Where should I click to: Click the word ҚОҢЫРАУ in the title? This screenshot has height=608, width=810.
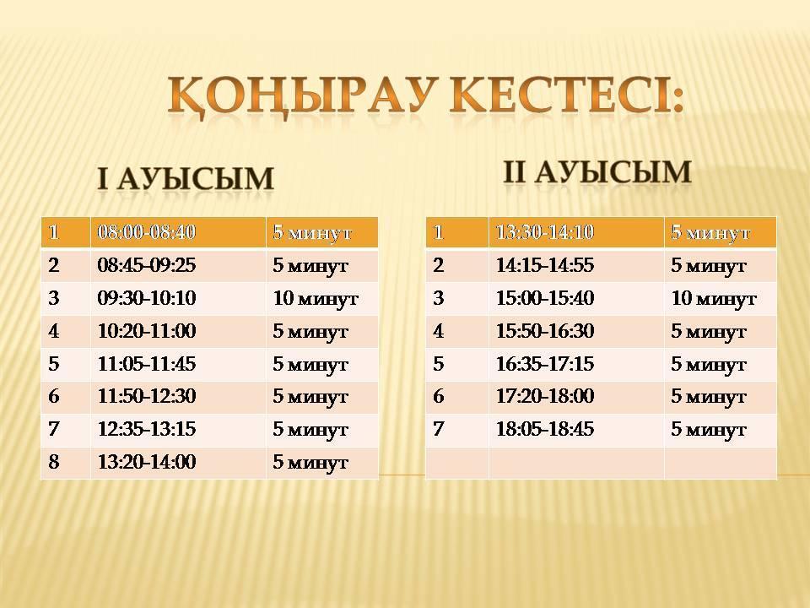click(x=300, y=96)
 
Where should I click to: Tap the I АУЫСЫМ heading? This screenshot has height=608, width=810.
click(x=186, y=179)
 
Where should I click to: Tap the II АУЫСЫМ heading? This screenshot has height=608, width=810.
click(x=597, y=171)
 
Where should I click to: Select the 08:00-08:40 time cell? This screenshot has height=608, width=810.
click(x=147, y=231)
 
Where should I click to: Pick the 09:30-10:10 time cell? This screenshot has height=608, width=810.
click(x=147, y=298)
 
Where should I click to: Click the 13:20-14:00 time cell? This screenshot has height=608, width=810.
click(x=147, y=462)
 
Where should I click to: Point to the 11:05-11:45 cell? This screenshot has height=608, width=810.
click(x=147, y=363)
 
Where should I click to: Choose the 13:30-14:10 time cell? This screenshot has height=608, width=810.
click(x=545, y=231)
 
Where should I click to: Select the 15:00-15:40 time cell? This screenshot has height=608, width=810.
click(x=545, y=298)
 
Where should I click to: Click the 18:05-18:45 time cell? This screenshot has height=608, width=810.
click(x=545, y=429)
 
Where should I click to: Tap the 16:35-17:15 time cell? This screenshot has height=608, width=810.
click(x=545, y=363)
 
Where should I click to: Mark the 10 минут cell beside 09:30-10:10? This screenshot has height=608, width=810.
click(x=316, y=298)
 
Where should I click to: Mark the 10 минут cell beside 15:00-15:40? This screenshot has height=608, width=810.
click(x=714, y=298)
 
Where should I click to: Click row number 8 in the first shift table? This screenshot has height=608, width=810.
click(x=54, y=462)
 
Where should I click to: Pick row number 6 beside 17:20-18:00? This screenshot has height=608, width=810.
click(x=439, y=396)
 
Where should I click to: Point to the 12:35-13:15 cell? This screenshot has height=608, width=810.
click(x=147, y=429)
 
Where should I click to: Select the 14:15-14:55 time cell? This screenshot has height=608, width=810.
click(x=545, y=264)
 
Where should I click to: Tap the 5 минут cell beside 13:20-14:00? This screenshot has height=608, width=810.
click(x=310, y=462)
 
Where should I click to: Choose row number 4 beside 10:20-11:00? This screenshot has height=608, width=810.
click(x=54, y=330)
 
